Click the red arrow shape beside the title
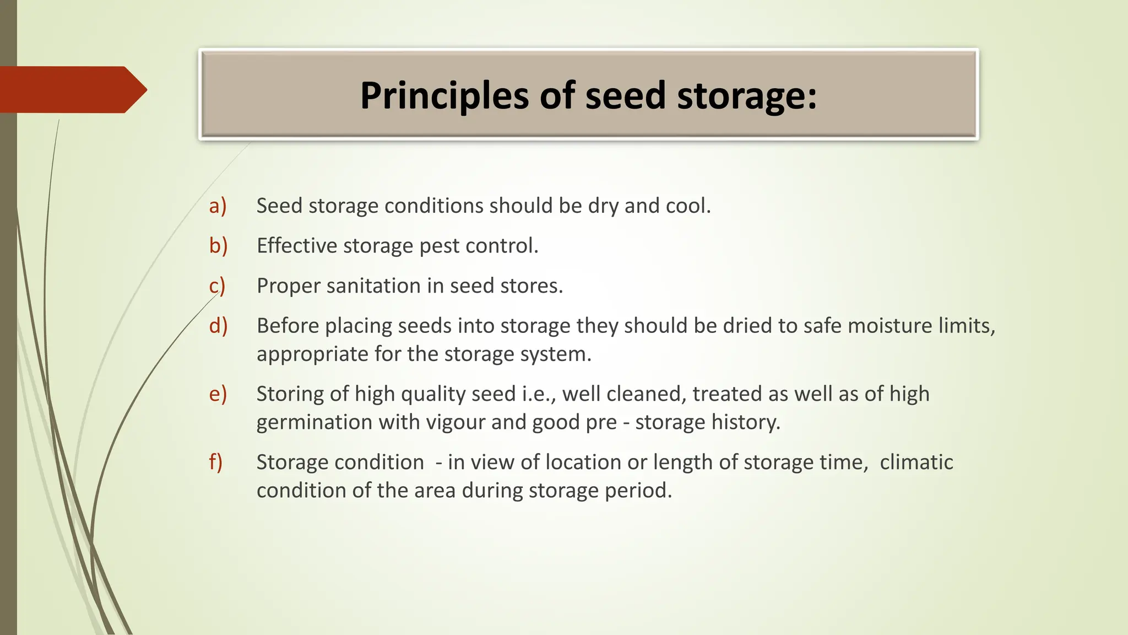[72, 90]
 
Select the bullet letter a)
[218, 206]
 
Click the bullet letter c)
[217, 286]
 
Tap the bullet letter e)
[218, 394]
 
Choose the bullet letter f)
[215, 462]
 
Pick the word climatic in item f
[916, 462]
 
